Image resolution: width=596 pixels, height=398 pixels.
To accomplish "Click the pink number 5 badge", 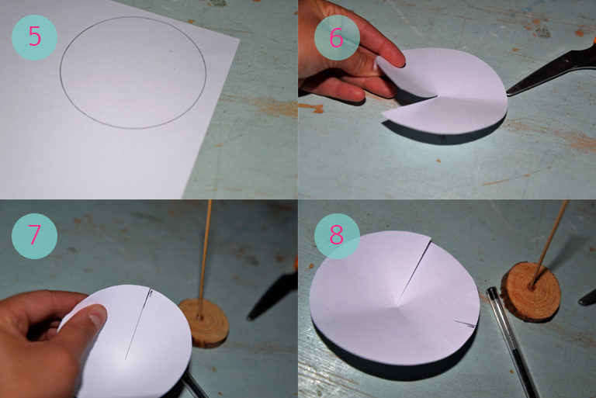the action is (34, 37).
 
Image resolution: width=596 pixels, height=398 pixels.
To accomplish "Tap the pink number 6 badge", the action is (337, 37).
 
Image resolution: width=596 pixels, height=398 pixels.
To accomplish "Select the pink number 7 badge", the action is (34, 236).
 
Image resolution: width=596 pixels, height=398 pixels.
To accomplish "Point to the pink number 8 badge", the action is (337, 236).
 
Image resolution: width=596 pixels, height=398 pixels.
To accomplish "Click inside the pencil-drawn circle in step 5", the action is (133, 72).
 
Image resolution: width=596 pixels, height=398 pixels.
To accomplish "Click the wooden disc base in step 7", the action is (204, 322).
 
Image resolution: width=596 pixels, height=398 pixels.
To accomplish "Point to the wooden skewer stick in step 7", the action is (205, 258).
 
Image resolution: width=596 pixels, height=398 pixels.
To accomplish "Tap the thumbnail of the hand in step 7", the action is (97, 315).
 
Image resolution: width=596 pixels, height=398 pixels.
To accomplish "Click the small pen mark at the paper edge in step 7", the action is (151, 292).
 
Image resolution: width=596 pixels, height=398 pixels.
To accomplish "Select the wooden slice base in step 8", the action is (531, 291).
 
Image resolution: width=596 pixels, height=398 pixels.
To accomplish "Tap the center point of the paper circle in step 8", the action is (397, 306).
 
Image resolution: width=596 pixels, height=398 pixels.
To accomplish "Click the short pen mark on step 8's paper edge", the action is (466, 324).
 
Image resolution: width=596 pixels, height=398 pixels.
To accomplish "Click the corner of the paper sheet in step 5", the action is (240, 38).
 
